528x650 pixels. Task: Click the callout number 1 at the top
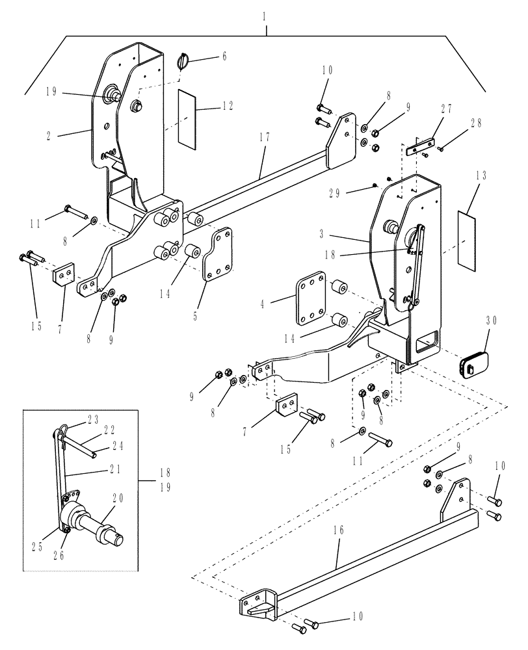tap(265, 14)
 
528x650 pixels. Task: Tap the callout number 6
tap(224, 57)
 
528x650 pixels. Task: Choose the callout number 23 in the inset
tap(92, 419)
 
